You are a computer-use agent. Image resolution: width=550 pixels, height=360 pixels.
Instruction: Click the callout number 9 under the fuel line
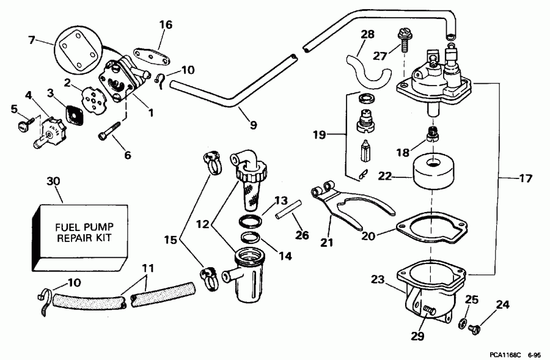click(x=252, y=126)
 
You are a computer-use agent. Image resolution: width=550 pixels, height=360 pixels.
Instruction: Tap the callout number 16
click(x=166, y=25)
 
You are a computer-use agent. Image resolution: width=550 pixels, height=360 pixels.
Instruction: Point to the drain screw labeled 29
click(x=428, y=313)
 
